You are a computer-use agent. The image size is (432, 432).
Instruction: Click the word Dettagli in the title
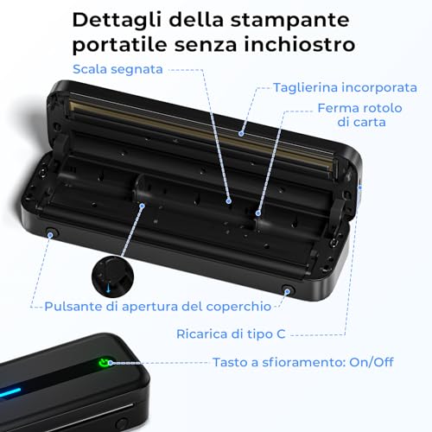click(x=118, y=21)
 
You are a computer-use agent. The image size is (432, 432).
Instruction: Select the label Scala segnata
click(x=118, y=69)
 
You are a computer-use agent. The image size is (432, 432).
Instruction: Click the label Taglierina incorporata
click(x=345, y=87)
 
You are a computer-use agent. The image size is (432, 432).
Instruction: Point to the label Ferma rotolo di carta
click(x=360, y=115)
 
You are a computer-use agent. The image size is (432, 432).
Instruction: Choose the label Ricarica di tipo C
click(x=231, y=334)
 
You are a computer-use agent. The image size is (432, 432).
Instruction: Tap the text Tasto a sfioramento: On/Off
click(x=303, y=362)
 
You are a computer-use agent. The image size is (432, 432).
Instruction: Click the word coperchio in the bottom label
click(x=238, y=307)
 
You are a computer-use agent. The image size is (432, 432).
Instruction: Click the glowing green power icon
click(x=103, y=362)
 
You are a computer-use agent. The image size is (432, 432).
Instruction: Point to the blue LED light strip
click(x=10, y=393)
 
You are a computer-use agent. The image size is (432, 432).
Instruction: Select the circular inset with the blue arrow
click(x=112, y=276)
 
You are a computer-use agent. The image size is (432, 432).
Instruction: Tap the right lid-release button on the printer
click(x=288, y=290)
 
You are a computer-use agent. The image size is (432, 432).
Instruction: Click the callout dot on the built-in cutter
click(x=241, y=134)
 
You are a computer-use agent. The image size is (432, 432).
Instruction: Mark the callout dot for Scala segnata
click(x=229, y=201)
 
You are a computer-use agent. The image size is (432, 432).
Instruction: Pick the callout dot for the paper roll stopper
click(x=258, y=213)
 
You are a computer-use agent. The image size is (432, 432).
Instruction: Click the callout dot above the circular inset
click(x=142, y=206)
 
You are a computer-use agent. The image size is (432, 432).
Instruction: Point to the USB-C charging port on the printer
click(x=359, y=187)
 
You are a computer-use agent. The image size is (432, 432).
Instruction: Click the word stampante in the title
click(x=290, y=21)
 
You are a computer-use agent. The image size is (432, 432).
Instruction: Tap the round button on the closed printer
click(x=121, y=423)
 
